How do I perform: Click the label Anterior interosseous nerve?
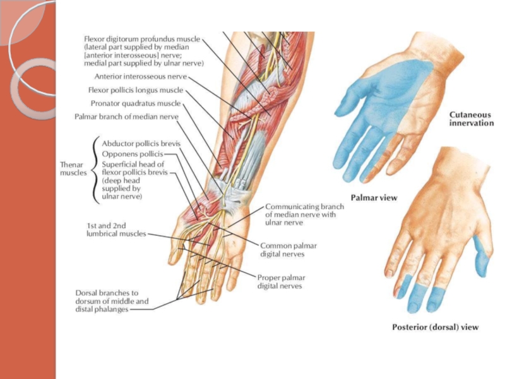[x=140, y=76]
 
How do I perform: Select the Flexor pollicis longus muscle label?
[x=135, y=90]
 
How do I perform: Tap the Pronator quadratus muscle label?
[x=135, y=103]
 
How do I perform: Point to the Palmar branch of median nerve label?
[x=126, y=116]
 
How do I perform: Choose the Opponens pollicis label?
[x=132, y=153]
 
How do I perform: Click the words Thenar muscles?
[x=74, y=168]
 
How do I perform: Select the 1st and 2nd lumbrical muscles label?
[x=116, y=229]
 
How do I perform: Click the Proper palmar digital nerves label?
[x=280, y=281]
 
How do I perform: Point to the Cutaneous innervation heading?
[x=471, y=119]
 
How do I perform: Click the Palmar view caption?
[x=374, y=198]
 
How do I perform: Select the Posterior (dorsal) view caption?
[x=435, y=327]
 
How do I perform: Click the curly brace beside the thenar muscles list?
[x=95, y=167]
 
